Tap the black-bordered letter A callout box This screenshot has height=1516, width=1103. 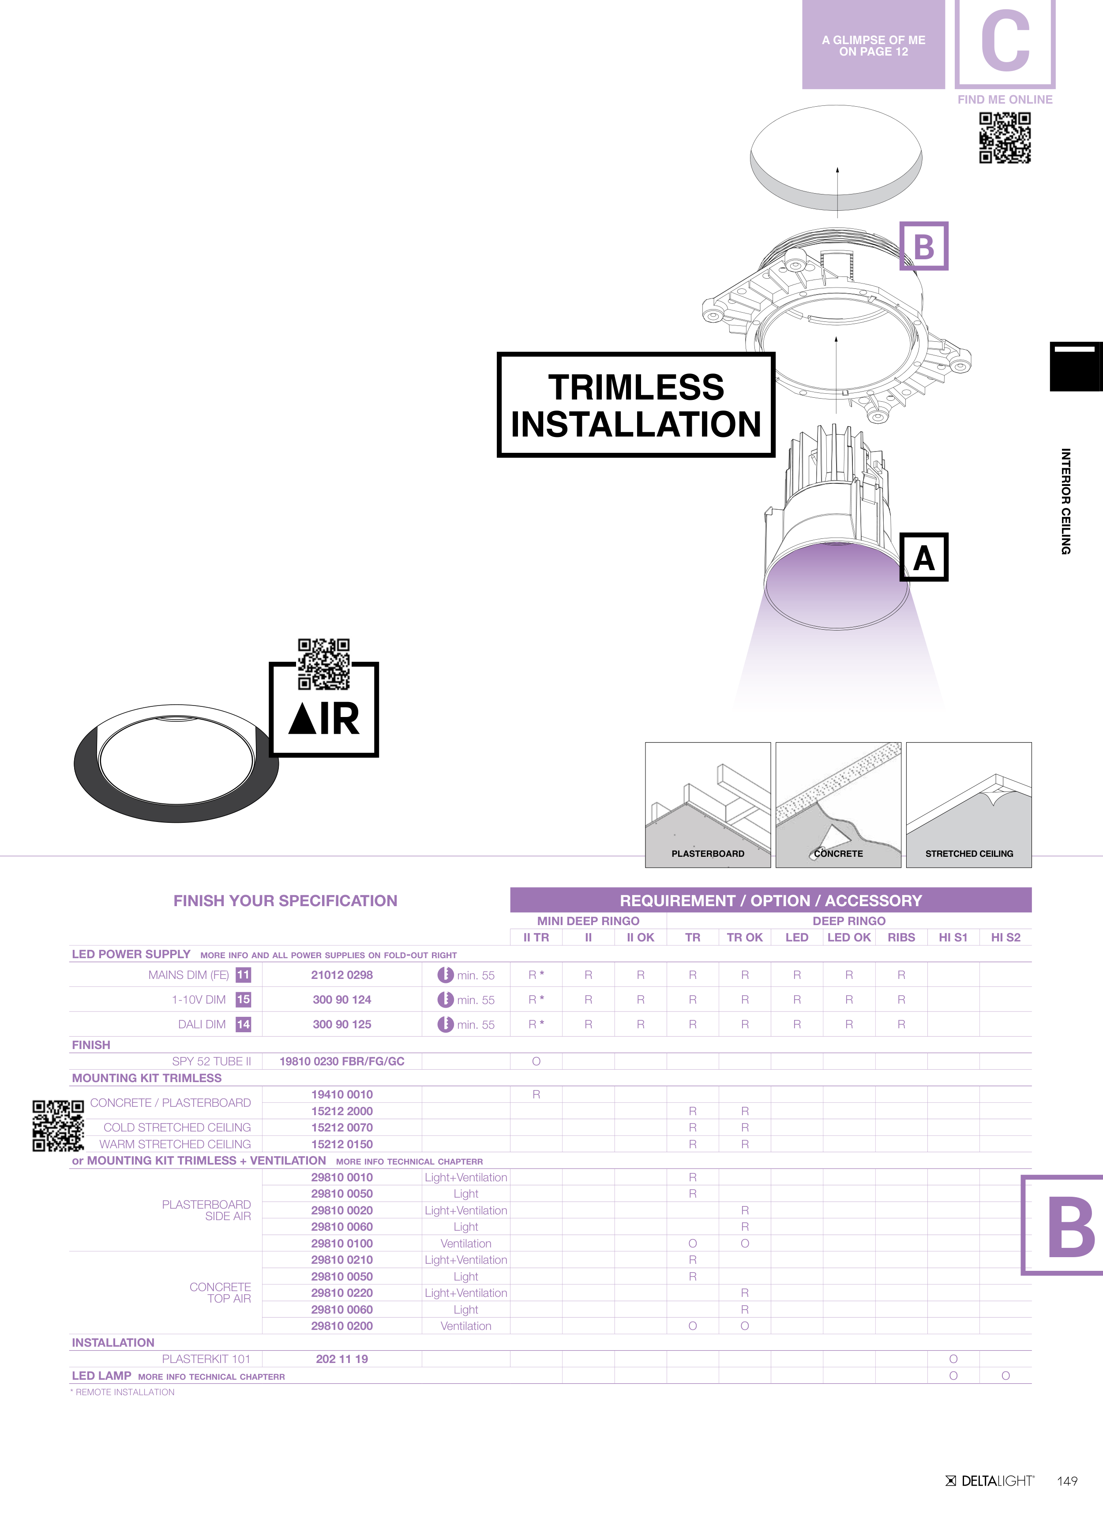pos(924,557)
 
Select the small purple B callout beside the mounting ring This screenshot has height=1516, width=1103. pos(924,246)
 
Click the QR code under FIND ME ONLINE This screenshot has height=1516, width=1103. pos(1005,138)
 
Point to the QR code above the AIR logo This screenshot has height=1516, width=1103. pos(324,664)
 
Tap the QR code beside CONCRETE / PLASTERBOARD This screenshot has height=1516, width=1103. pos(58,1126)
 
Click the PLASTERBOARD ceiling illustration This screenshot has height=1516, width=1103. pos(708,805)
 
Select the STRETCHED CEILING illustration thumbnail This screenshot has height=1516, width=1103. pos(968,805)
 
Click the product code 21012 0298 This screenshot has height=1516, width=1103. pos(342,975)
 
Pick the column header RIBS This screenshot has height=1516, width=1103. pos(901,937)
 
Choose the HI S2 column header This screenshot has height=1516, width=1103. pos(1005,937)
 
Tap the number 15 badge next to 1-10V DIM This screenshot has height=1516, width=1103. pos(244,999)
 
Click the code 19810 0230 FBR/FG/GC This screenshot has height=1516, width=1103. pos(342,1061)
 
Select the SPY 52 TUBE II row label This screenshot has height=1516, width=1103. pos(211,1061)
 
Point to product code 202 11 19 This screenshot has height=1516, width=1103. pos(342,1359)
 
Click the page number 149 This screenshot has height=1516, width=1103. pos(1067,1481)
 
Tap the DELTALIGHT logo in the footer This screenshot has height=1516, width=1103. pos(990,1481)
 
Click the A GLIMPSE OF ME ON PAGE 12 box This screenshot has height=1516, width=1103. pos(874,45)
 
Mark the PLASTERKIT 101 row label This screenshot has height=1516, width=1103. pos(206,1359)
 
